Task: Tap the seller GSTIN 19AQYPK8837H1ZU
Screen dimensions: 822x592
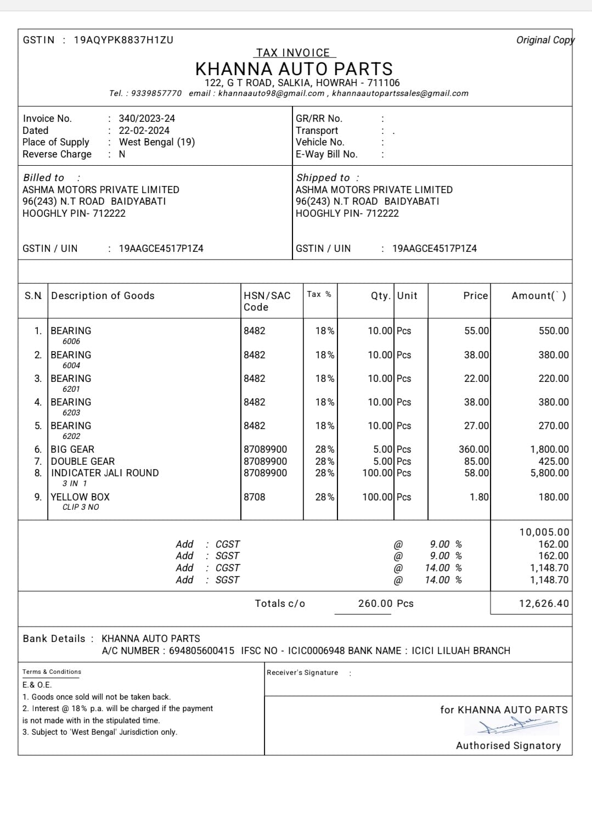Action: click(123, 40)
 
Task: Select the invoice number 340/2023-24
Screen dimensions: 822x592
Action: click(146, 119)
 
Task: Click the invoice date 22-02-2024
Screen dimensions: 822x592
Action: click(144, 131)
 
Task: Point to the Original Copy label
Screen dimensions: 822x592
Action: click(545, 40)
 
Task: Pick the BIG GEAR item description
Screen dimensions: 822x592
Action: click(72, 449)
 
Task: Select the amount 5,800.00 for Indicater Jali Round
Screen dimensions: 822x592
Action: click(549, 473)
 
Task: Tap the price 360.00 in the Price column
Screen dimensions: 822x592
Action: click(473, 449)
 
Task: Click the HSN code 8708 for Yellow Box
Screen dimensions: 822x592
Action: click(255, 497)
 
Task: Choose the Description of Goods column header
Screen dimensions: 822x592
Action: click(103, 296)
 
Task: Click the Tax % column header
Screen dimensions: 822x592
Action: click(319, 295)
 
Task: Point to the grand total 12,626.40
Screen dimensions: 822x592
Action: click(544, 604)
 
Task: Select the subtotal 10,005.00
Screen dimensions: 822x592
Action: click(544, 532)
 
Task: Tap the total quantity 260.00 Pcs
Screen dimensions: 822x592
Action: click(386, 604)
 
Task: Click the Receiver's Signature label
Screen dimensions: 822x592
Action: click(302, 673)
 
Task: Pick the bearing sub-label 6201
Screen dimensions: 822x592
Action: click(71, 389)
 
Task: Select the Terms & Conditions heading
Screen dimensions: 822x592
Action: click(52, 672)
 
